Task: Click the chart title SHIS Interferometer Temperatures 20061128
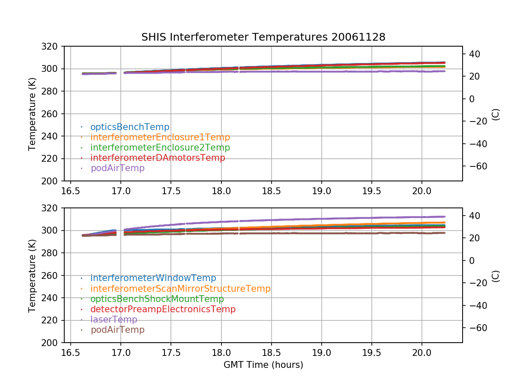[x=263, y=37]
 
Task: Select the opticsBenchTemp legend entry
[x=130, y=127]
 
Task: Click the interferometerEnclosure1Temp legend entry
[x=160, y=137]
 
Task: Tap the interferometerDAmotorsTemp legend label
[x=158, y=158]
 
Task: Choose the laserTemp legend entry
[x=114, y=320]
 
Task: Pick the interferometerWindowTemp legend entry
[x=153, y=278]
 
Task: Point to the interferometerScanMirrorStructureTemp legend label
[x=180, y=289]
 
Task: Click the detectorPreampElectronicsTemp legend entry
[x=163, y=309]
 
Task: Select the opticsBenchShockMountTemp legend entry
[x=157, y=299]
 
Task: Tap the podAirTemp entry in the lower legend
[x=117, y=330]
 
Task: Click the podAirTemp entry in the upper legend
[x=117, y=168]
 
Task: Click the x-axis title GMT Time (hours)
[x=263, y=365]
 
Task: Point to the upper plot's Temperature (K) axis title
[x=32, y=113]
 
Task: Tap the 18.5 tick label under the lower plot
[x=271, y=352]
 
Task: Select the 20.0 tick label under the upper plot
[x=421, y=190]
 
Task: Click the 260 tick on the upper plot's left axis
[x=53, y=114]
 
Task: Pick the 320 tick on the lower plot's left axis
[x=53, y=208]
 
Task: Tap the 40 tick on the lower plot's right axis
[x=473, y=216]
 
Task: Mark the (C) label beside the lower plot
[x=496, y=276]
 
